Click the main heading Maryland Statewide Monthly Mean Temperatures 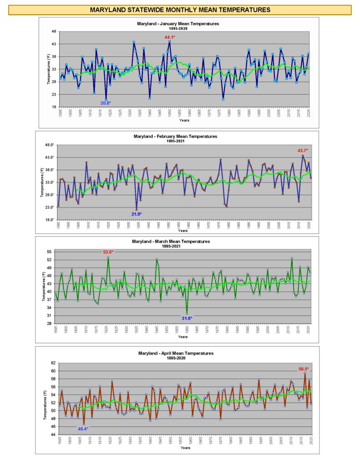[180, 10]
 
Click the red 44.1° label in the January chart [170, 37]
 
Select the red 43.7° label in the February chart [303, 150]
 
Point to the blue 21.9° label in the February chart [137, 214]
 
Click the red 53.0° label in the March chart [108, 252]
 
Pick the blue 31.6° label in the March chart [187, 319]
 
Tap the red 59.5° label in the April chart [303, 369]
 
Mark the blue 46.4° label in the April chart [82, 429]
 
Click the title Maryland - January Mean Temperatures [178, 23]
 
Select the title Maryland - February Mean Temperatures [178, 136]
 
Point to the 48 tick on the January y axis [54, 31]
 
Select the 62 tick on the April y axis [53, 363]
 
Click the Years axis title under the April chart [185, 448]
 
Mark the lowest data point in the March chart [187, 313]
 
